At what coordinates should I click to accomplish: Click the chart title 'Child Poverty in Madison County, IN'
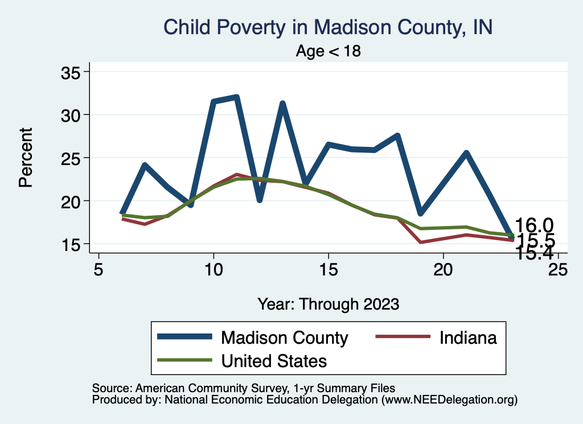[327, 27]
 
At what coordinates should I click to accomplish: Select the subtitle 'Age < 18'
[328, 51]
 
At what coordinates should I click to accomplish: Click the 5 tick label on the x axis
[99, 269]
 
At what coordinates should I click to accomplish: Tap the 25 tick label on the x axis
[558, 269]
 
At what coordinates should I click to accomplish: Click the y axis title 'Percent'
[25, 158]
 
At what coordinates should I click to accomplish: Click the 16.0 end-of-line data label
[534, 225]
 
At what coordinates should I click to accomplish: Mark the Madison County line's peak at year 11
[236, 97]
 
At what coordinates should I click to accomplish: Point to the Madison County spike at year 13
[282, 104]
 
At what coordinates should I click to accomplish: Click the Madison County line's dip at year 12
[260, 200]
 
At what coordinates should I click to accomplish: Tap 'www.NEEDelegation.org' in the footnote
[449, 400]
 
